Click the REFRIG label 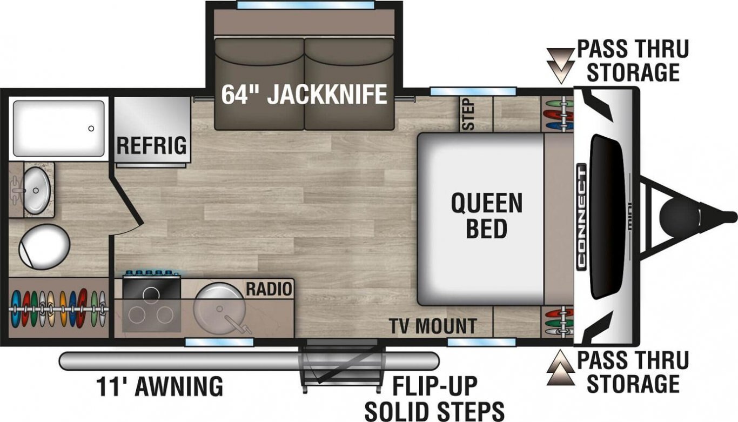tap(152, 145)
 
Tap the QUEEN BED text tap(487, 216)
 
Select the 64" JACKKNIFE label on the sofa tap(304, 95)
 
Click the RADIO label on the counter tap(269, 289)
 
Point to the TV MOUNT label tap(433, 326)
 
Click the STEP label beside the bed tap(468, 114)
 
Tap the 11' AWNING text tap(159, 386)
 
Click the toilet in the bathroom tap(44, 246)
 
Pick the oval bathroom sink tap(37, 190)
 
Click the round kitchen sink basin tap(219, 309)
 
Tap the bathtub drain tap(91, 129)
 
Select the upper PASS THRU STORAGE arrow tap(560, 65)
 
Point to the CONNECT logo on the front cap tap(581, 217)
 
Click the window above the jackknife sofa tap(305, 5)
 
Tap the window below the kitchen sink tap(219, 342)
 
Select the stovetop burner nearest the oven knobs tap(151, 293)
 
